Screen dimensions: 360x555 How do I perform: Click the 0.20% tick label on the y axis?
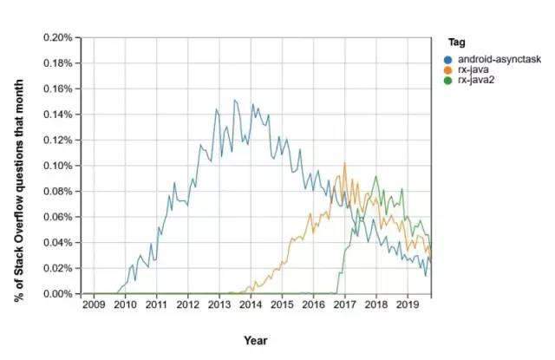pos(57,38)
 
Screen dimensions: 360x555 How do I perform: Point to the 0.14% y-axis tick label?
pos(57,115)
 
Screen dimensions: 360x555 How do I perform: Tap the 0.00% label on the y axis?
pos(57,294)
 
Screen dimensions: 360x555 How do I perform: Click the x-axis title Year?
pos(255,340)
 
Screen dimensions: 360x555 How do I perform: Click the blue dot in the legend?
pos(447,58)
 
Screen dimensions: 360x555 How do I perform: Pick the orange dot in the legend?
pos(447,69)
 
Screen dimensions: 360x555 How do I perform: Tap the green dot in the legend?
pos(447,80)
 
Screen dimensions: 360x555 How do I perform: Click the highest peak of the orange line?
pos(345,162)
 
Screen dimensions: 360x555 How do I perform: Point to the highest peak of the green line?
pos(375,176)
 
